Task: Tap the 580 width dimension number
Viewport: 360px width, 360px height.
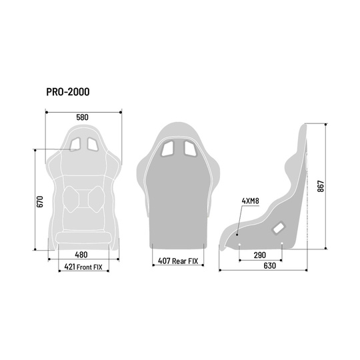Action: tap(82, 117)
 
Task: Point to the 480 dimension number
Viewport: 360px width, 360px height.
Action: tap(81, 255)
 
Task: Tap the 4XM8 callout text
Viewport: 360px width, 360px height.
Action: tap(251, 200)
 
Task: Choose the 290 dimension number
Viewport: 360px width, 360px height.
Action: tap(261, 255)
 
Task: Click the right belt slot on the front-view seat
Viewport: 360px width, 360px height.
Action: tap(91, 142)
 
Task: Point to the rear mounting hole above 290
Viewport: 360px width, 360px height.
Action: tap(281, 244)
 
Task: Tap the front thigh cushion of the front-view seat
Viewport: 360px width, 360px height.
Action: tap(82, 237)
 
